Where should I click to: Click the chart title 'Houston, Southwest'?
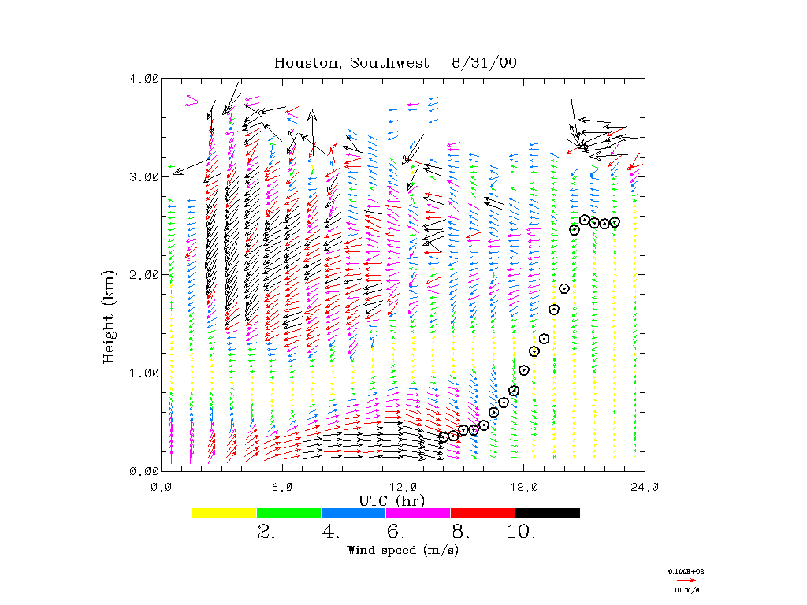click(x=351, y=63)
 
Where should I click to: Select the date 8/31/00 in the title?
click(x=485, y=63)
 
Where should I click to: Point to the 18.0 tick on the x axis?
click(x=524, y=487)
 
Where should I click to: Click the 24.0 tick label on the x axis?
click(x=645, y=487)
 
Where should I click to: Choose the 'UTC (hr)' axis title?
click(x=392, y=500)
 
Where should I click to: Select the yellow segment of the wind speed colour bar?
click(x=225, y=513)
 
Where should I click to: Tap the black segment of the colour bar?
click(x=547, y=513)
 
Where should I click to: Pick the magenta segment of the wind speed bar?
click(x=418, y=513)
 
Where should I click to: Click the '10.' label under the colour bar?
click(x=521, y=533)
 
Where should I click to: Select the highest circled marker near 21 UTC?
click(x=585, y=220)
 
